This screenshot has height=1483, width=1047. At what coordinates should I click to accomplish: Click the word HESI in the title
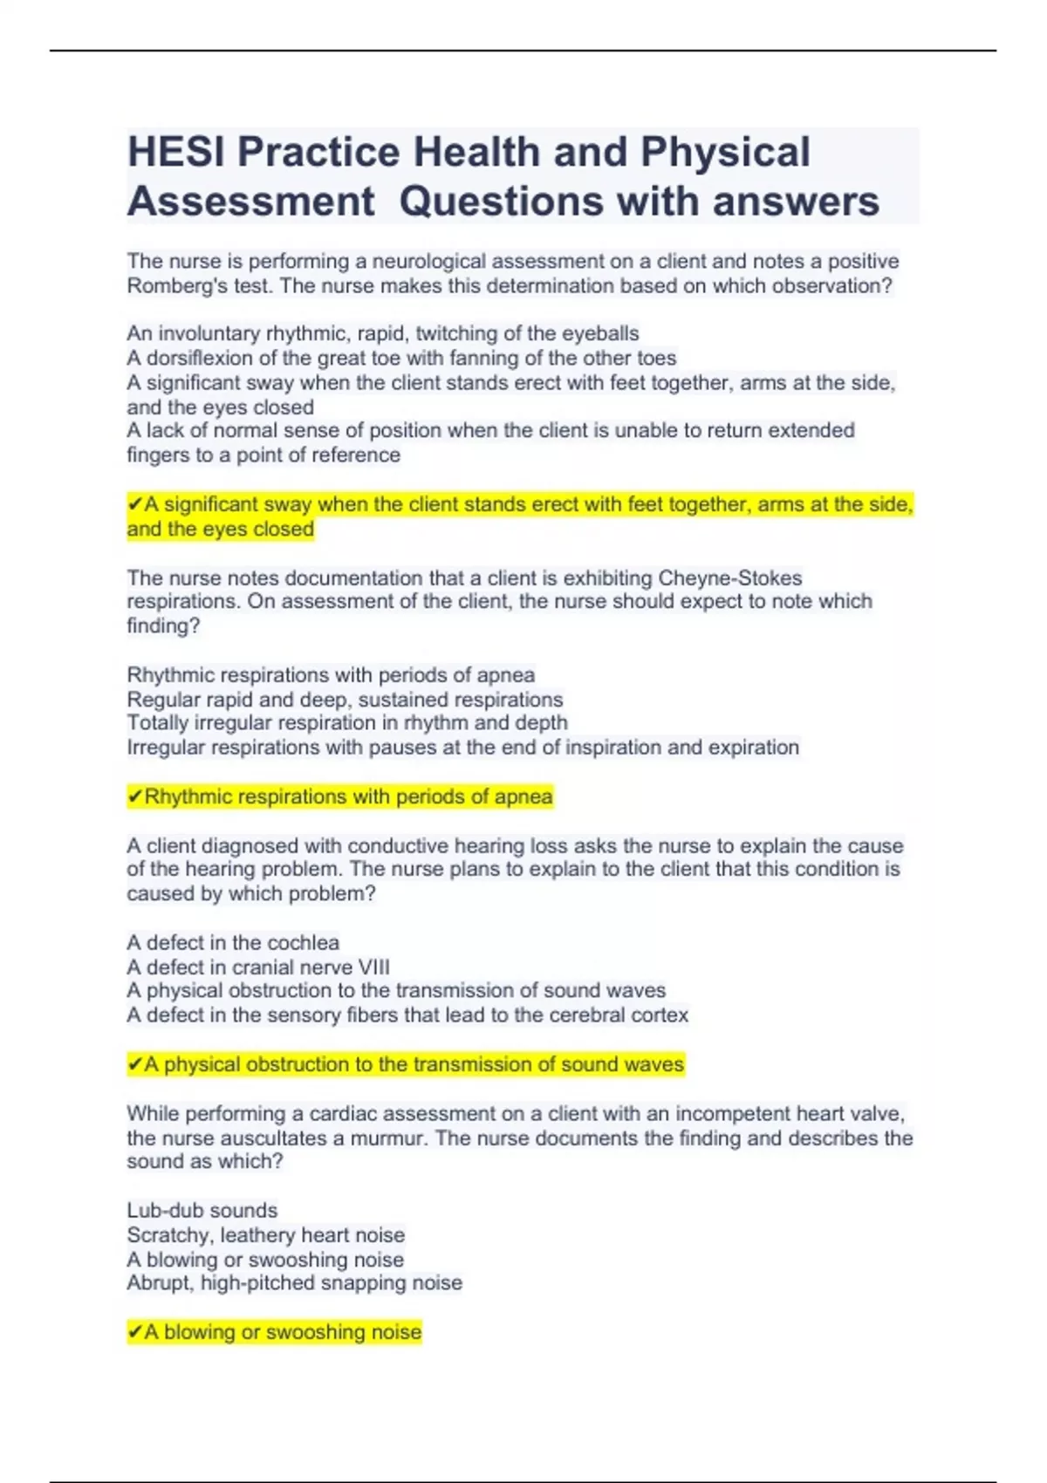coord(177,152)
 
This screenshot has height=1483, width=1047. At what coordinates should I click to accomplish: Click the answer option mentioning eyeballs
coord(382,333)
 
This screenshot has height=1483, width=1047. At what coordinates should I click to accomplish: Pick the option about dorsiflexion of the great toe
coord(401,358)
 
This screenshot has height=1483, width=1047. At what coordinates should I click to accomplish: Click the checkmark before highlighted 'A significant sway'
coord(134,504)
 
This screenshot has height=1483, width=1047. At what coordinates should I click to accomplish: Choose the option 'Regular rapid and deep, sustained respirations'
coord(345,700)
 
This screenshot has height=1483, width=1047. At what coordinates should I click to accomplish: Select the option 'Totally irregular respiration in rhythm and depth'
coord(347,723)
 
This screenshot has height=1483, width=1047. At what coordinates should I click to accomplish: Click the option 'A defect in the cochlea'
coord(233,942)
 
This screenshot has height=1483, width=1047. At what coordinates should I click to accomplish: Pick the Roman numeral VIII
coord(373,967)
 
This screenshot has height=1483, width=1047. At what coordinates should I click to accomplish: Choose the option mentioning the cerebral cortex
coord(407,1015)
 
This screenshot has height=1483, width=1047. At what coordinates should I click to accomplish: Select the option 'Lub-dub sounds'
coord(202,1210)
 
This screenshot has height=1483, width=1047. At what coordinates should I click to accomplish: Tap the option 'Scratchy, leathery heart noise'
coord(265,1234)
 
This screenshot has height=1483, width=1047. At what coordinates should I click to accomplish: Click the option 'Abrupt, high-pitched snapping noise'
coord(294,1283)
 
